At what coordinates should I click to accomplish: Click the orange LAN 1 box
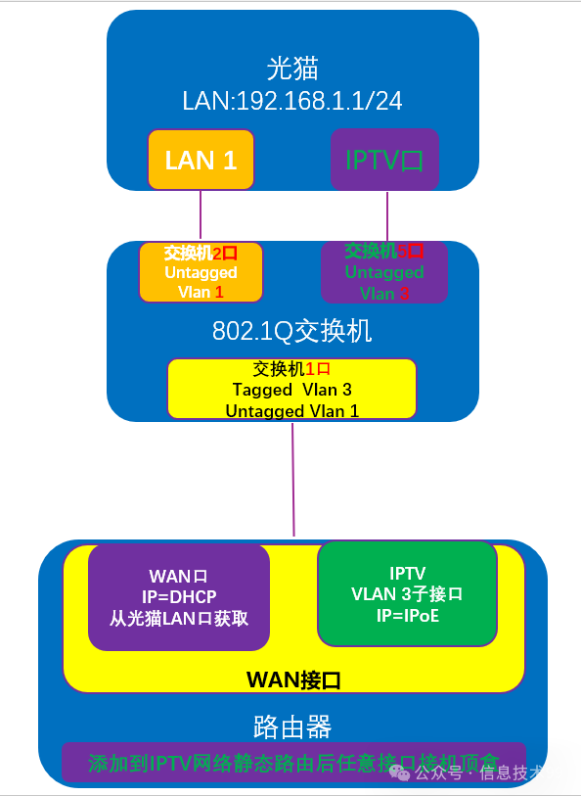point(201,160)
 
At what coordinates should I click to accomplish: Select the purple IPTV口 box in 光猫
point(384,160)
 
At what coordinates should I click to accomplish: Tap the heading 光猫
point(292,69)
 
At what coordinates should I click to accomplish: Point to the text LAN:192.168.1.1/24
point(292,101)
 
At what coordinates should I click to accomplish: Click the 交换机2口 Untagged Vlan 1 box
point(201,272)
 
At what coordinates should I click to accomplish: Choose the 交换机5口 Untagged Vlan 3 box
point(384,272)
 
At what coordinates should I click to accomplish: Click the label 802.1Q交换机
point(292,331)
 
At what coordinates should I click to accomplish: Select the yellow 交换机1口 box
point(291,390)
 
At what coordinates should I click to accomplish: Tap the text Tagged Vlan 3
point(291,390)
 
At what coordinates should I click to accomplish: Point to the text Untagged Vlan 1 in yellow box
point(291,411)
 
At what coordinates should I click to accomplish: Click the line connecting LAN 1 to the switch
point(201,215)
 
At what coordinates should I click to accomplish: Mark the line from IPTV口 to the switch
point(387,215)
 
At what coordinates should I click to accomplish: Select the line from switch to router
point(293,480)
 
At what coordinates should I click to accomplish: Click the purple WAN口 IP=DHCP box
point(179,597)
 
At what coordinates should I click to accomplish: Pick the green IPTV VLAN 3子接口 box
point(406,594)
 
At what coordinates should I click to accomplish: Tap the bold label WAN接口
point(292,679)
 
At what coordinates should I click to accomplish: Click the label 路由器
point(292,726)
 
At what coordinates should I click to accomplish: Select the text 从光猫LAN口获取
point(179,619)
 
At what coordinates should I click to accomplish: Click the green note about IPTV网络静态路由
point(293,763)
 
